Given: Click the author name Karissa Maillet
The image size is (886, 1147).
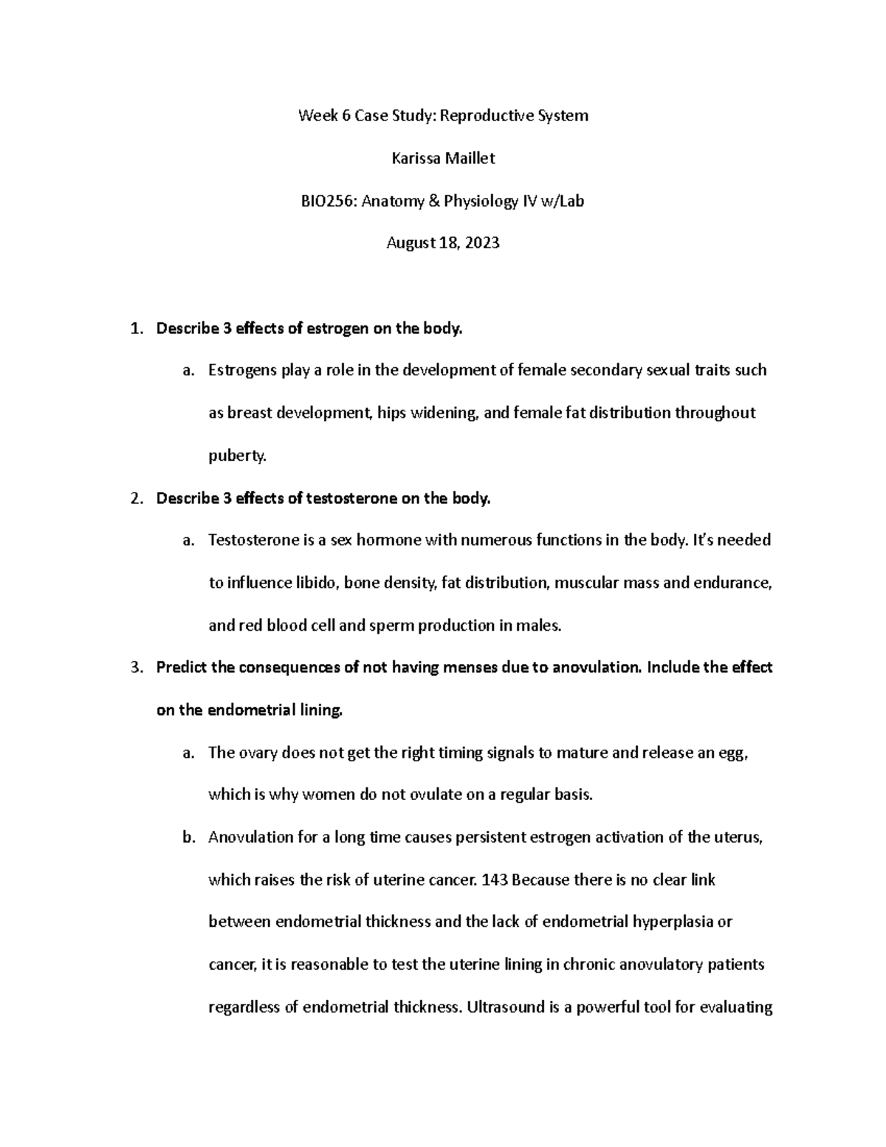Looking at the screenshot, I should (x=442, y=157).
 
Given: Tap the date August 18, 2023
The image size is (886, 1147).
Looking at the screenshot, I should (x=442, y=242).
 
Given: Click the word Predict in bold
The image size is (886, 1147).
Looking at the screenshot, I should (x=182, y=668).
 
